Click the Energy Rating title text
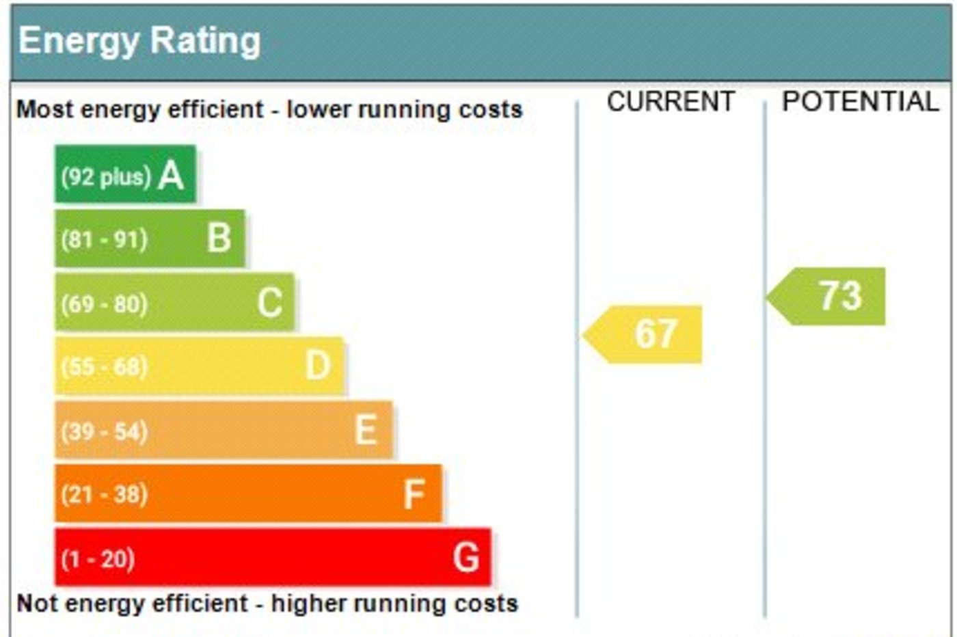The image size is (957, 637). point(139,41)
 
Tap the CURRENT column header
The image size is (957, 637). point(670,102)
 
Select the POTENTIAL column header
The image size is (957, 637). point(860,102)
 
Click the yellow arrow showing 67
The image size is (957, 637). point(645,334)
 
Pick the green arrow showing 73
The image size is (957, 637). point(829,296)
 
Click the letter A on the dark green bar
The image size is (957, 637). point(171,175)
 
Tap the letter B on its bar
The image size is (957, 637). point(219,238)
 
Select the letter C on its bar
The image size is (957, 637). point(269,302)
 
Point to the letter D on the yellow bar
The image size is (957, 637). point(318,366)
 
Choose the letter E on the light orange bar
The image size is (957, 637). point(366,430)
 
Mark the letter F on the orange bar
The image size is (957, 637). point(414,493)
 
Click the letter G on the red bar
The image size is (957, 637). point(466,557)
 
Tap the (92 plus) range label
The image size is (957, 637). point(105,176)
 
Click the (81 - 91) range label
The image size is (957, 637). point(104,240)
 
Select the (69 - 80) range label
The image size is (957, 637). point(104,303)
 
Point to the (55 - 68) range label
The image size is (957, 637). point(104,367)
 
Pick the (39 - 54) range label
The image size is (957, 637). point(104,431)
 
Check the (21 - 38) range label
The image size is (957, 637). point(104,494)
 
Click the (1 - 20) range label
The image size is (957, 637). point(98,559)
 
